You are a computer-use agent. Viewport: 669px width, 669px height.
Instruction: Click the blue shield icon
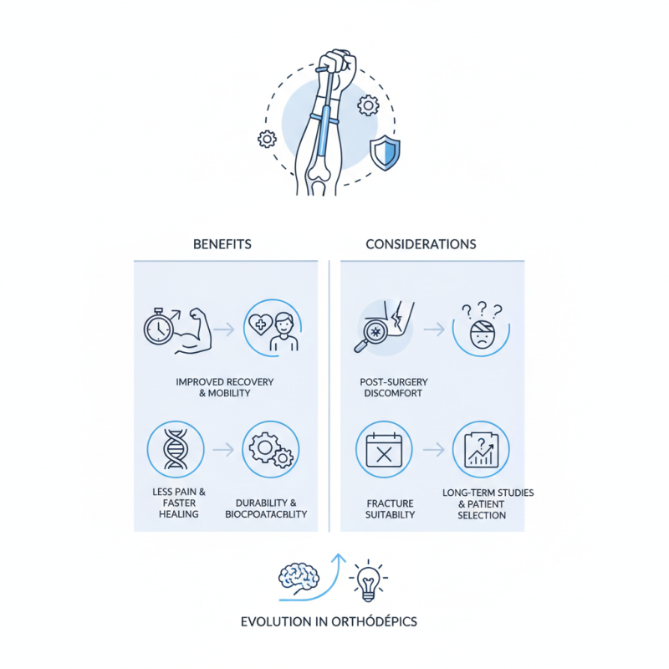tap(385, 153)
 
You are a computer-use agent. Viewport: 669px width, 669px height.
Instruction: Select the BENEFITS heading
tap(222, 244)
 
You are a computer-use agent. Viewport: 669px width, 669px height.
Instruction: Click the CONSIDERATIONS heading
tap(421, 244)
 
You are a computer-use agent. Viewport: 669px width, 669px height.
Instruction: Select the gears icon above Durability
tap(269, 449)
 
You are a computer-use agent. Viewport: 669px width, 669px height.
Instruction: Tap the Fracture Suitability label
tap(391, 508)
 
